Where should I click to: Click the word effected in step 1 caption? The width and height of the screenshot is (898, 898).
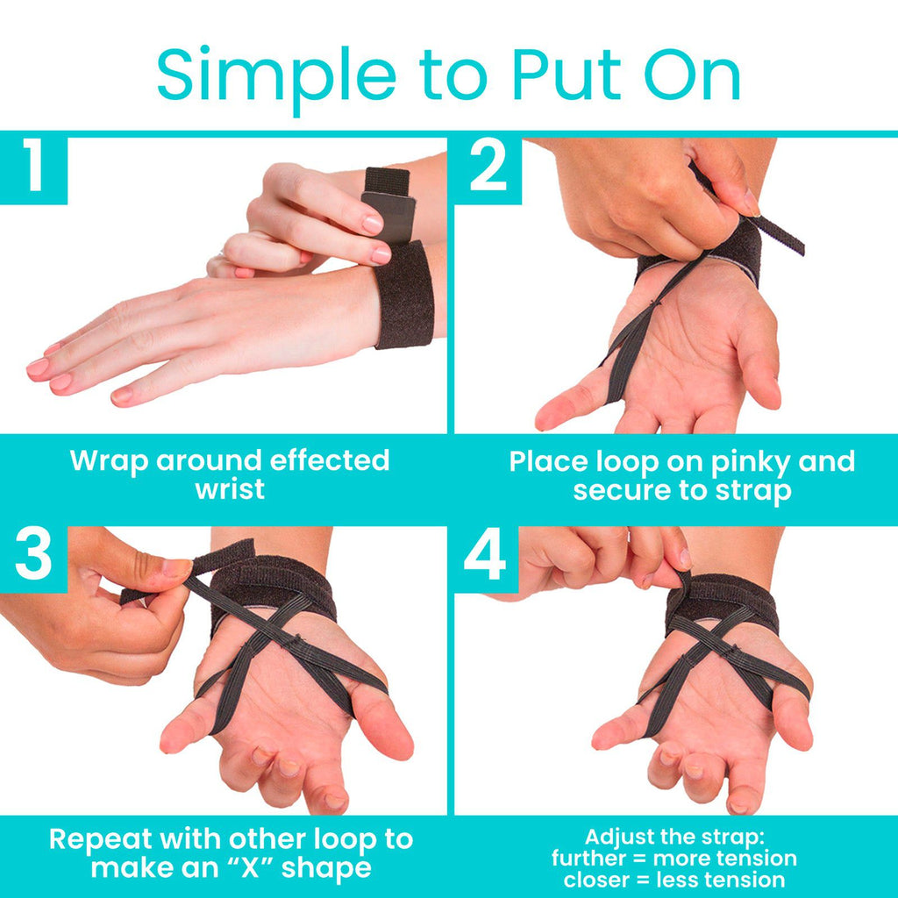330,460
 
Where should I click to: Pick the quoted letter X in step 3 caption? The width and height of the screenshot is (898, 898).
250,868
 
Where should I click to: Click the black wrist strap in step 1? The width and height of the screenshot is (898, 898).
403,296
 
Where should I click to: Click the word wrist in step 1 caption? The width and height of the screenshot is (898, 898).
230,489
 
